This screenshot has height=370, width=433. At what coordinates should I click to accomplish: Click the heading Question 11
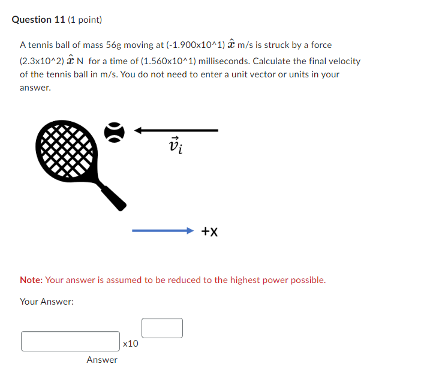39,20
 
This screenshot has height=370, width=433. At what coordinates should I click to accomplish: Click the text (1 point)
86,20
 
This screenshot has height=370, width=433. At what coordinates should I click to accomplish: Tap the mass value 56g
114,45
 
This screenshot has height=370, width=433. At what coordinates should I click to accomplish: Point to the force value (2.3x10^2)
43,61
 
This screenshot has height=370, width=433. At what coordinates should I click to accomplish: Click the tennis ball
115,132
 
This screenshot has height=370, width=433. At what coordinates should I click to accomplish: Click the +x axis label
209,231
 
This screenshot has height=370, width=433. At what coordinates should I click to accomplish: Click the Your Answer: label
47,302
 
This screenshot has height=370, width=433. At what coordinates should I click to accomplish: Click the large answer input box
70,341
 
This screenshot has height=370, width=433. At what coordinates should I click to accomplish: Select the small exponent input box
162,328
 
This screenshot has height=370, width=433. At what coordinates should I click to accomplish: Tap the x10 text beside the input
130,344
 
